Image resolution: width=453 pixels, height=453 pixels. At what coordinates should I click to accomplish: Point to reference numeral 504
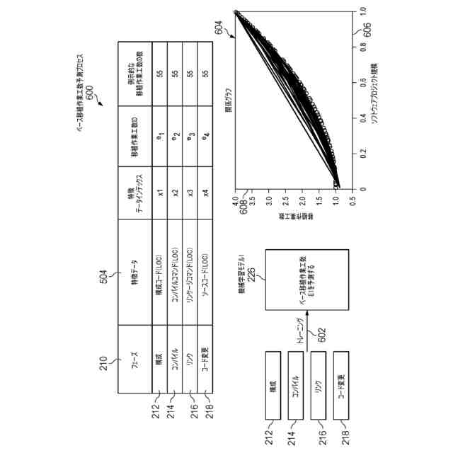102,277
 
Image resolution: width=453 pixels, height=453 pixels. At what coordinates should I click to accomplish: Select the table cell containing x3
190,193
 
